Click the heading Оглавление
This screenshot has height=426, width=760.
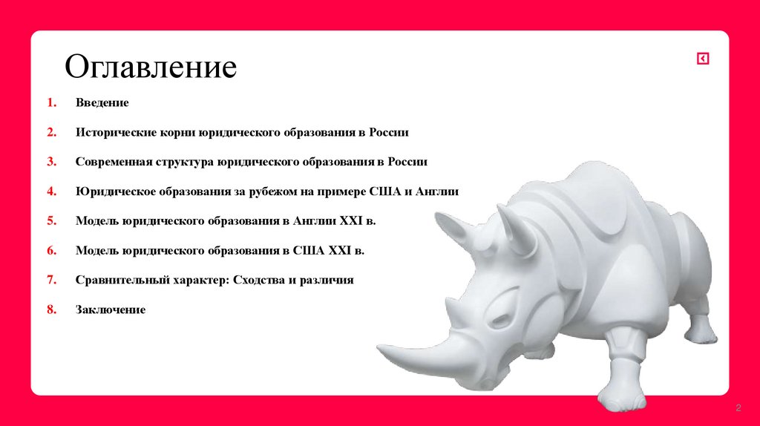click(x=151, y=67)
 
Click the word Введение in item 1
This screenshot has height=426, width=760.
click(x=102, y=102)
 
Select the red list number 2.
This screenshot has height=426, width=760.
click(x=51, y=132)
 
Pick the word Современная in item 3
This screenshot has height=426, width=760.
click(x=112, y=162)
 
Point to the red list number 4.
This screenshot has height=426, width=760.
click(x=51, y=191)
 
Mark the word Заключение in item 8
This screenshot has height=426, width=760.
click(x=110, y=310)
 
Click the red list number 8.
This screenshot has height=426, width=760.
click(x=51, y=310)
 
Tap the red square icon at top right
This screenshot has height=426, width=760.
click(x=703, y=59)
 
